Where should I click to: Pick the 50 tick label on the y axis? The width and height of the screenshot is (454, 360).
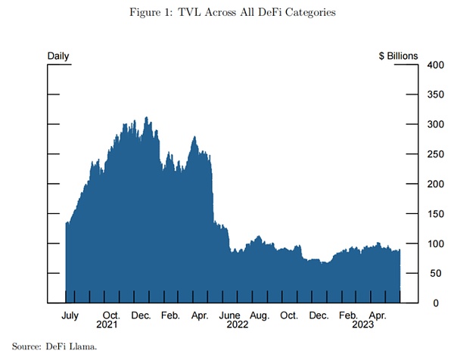pos(436,274)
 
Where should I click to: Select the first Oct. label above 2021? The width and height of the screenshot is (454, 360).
pos(111,315)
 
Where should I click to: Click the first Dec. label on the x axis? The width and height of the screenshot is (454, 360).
pos(141,315)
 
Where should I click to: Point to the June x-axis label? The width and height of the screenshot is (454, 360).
pos(230,315)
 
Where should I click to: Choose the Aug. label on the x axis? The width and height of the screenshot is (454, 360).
pos(260,315)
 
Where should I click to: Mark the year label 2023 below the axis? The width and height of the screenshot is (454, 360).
pos(363,324)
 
